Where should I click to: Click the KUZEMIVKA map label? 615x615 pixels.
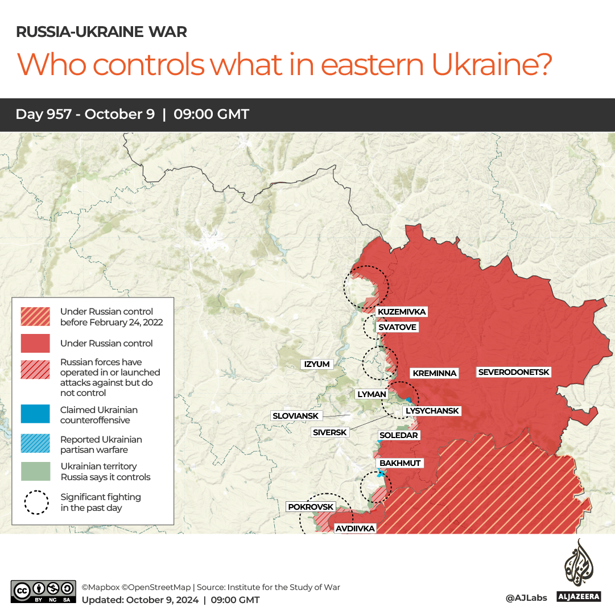[x=401, y=312]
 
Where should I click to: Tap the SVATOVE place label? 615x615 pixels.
[x=397, y=327]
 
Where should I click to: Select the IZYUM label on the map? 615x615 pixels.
[x=317, y=364]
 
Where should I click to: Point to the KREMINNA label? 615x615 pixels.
[x=435, y=373]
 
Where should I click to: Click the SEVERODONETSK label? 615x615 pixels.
[x=514, y=372]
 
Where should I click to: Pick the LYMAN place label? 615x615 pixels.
[x=372, y=394]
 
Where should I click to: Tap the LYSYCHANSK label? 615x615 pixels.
[x=431, y=411]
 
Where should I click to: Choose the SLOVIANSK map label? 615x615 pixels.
[x=295, y=416]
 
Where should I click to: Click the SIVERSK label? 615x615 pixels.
[x=329, y=432]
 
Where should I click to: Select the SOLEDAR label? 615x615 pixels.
[x=399, y=435]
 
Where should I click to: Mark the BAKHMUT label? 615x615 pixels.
[x=400, y=463]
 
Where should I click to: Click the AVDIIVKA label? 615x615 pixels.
[x=355, y=529]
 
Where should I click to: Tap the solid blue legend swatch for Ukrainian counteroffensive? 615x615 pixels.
[x=36, y=414]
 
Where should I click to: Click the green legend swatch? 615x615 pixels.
[x=36, y=471]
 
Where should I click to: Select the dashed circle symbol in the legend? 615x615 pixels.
[x=36, y=502]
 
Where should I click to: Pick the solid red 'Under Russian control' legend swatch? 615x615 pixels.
[x=36, y=343]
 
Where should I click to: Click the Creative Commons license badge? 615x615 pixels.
[x=43, y=591]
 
